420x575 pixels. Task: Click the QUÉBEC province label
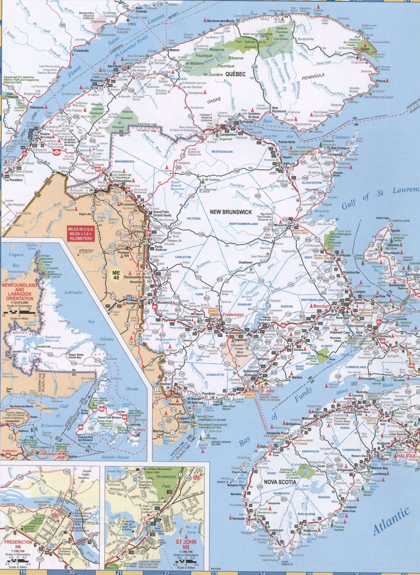coord(235,74)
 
